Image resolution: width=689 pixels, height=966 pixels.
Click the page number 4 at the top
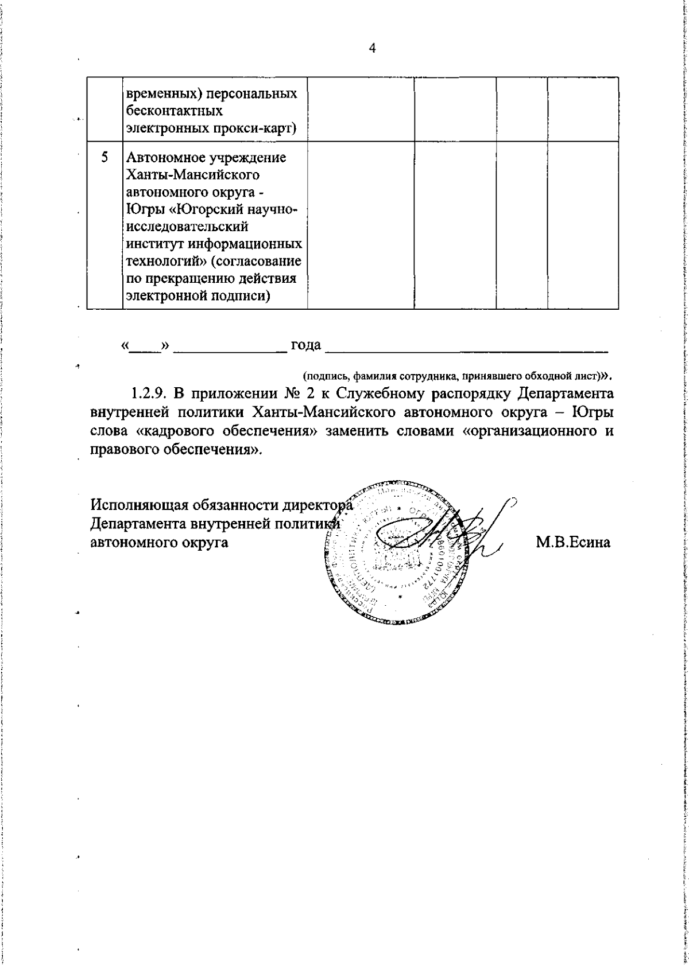372,49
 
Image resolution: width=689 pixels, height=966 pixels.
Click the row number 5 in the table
104,157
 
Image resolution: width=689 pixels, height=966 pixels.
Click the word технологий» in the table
161,262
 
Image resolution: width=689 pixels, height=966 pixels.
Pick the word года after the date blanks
305,345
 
